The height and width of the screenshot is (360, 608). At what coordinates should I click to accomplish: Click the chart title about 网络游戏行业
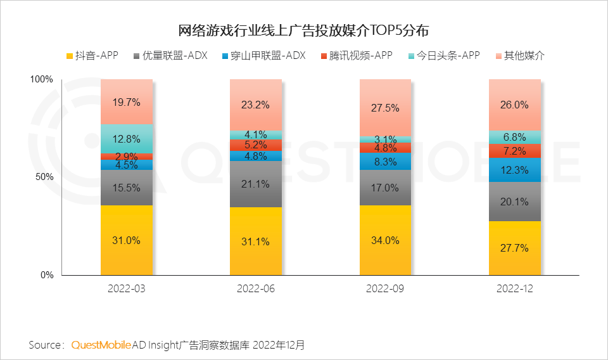click(x=304, y=30)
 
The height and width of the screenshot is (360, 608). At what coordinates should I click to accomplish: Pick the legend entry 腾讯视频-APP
click(x=357, y=56)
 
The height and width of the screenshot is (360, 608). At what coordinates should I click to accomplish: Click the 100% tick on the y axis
click(x=42, y=79)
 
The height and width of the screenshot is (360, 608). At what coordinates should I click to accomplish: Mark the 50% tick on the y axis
click(x=44, y=177)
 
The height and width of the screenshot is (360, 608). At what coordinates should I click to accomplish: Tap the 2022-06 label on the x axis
click(x=255, y=289)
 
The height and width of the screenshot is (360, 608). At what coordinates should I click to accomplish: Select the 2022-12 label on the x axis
click(x=514, y=289)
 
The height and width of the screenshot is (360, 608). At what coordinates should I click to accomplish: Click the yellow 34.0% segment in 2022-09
click(x=385, y=240)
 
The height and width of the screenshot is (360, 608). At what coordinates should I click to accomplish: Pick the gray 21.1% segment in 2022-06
click(x=255, y=184)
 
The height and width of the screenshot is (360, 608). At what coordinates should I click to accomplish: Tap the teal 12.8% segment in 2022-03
click(x=126, y=139)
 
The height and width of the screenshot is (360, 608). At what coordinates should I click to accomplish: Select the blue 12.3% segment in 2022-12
click(x=514, y=170)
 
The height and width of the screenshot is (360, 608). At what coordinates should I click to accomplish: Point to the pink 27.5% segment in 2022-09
click(x=385, y=108)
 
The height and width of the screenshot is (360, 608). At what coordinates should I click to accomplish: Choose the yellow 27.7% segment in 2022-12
click(x=514, y=248)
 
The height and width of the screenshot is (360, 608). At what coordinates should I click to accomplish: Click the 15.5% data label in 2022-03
click(x=126, y=188)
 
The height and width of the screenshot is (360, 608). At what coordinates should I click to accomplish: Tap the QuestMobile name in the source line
click(x=101, y=345)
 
